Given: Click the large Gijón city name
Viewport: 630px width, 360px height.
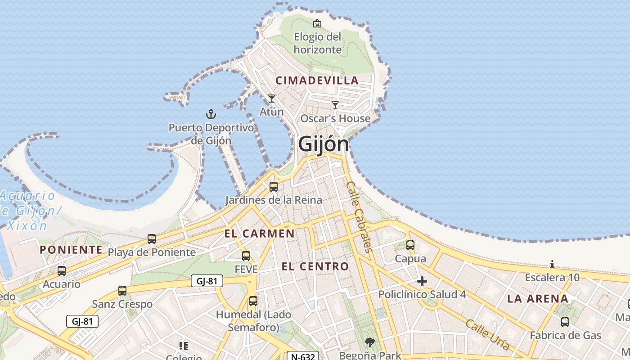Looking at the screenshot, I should point(324,144).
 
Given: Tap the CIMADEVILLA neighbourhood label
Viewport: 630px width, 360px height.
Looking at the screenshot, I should point(317,81).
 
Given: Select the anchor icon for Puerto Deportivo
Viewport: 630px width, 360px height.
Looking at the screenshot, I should point(211,114).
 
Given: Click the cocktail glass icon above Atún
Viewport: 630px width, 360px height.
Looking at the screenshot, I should point(271,98).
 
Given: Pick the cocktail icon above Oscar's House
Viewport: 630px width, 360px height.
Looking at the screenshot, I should point(335,105).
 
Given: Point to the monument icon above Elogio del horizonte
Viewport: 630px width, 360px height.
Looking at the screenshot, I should point(317,23).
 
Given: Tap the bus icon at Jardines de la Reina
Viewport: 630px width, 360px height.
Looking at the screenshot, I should point(273,186).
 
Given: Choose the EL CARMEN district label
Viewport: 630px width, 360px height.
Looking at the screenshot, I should point(259,234).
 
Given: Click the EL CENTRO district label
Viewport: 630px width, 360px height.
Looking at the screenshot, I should point(315,266).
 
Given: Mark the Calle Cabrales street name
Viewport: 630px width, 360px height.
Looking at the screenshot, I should point(359,216).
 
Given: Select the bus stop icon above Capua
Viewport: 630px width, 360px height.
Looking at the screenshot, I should point(410,245).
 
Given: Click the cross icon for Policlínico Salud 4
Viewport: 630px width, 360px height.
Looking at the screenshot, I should point(422,282).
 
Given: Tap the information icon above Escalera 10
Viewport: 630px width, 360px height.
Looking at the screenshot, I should point(552,265).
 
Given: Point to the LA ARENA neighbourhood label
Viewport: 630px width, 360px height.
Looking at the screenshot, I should point(538,299).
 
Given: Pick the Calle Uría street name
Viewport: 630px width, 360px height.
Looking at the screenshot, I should point(487,335).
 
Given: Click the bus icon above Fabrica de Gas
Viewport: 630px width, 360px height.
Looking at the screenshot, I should point(565,322).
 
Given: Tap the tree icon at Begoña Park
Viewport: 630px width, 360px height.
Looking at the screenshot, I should point(370,342).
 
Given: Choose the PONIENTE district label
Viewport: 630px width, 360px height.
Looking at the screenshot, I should point(71,250).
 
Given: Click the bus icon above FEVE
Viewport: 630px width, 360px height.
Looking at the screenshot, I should point(246,256).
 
